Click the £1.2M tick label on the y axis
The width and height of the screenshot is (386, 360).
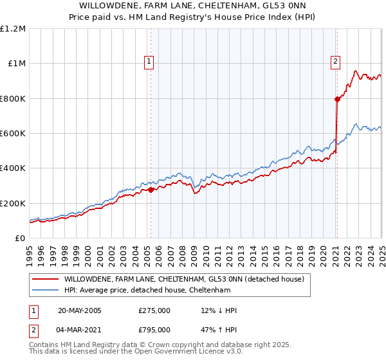click(13, 29)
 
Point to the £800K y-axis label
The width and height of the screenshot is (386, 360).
click(13, 99)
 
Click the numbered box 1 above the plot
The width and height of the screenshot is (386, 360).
click(149, 62)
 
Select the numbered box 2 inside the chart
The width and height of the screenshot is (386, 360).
click(336, 62)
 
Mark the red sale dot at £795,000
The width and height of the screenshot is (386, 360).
click(336, 99)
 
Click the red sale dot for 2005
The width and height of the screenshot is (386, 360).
click(151, 190)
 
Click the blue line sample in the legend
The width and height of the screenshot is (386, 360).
click(45, 290)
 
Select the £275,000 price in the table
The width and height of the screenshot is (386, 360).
click(154, 310)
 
